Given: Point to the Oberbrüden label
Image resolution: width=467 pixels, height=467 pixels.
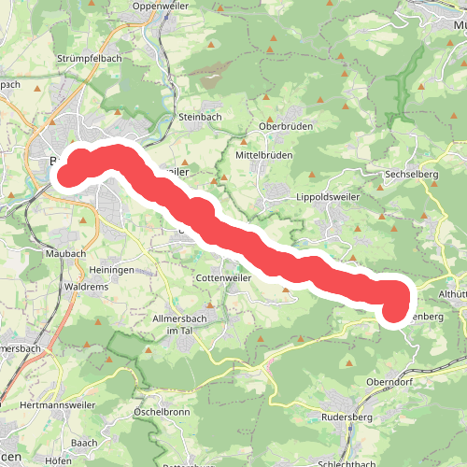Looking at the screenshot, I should (285, 127).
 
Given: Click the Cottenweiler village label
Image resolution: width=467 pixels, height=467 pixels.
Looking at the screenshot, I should (225, 278).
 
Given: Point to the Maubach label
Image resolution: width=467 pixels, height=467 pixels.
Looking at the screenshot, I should (65, 253).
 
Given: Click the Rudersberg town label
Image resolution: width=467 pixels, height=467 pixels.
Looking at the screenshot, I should (347, 417).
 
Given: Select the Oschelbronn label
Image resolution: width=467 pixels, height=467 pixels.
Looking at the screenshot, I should (163, 411).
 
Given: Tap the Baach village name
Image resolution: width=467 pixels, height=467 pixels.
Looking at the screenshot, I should (84, 442).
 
